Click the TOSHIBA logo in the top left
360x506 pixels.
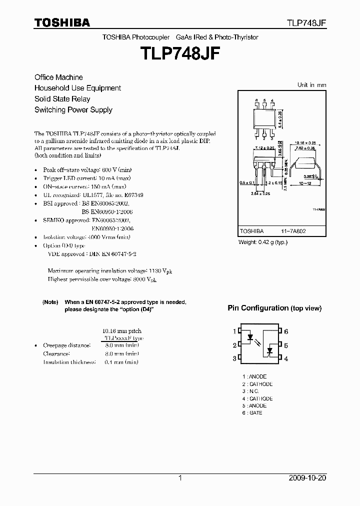click(x=62, y=22)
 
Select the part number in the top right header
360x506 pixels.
click(x=306, y=23)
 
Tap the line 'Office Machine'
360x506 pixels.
click(x=58, y=77)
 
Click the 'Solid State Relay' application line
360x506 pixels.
click(x=62, y=99)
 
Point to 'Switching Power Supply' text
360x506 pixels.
click(x=73, y=110)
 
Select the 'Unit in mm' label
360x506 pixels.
click(x=311, y=85)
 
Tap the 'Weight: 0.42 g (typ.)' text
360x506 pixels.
click(x=263, y=242)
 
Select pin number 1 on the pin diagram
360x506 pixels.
click(x=234, y=331)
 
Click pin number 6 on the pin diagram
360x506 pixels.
click(x=286, y=331)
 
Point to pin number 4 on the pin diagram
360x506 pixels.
click(x=286, y=358)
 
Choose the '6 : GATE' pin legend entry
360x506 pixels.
click(x=252, y=413)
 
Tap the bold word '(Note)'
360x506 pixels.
click(x=50, y=302)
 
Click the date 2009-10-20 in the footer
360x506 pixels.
click(x=307, y=478)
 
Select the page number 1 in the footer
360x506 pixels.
click(x=180, y=478)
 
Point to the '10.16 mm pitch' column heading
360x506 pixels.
click(x=121, y=331)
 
